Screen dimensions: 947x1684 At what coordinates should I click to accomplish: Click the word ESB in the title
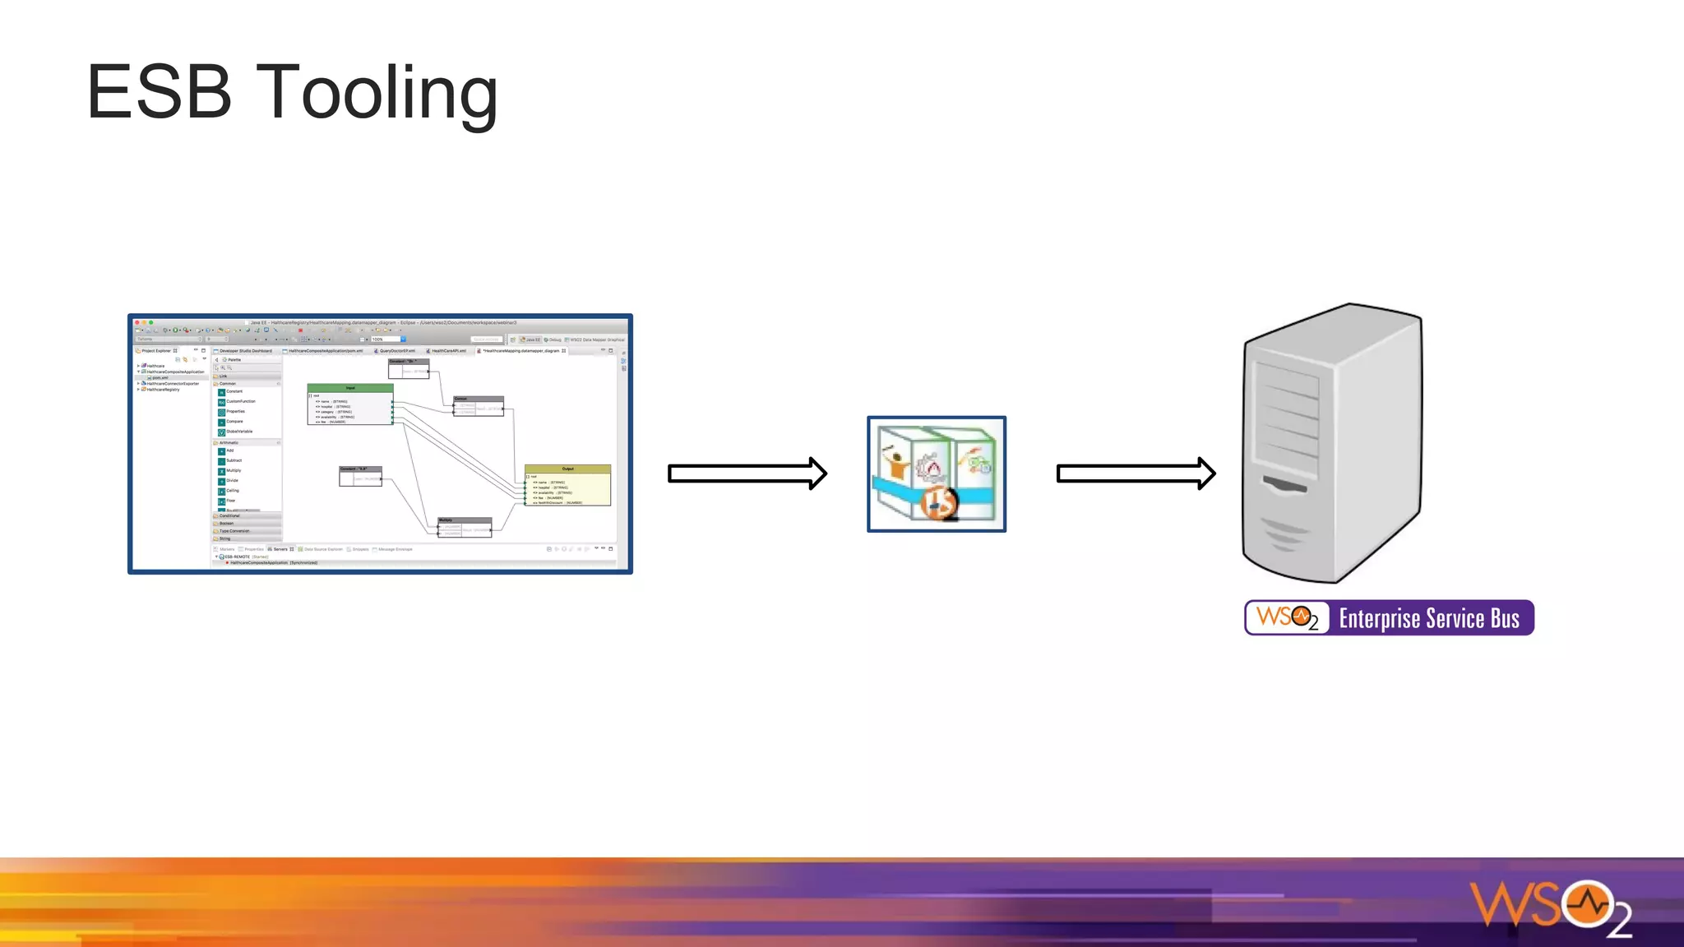160,92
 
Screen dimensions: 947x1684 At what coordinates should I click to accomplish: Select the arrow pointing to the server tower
1136,473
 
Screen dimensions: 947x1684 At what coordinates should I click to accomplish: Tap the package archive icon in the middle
937,474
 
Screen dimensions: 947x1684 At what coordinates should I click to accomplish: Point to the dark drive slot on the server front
1284,485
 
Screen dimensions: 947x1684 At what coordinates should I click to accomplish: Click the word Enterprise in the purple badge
1381,619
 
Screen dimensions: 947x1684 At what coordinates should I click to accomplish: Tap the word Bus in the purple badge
1505,619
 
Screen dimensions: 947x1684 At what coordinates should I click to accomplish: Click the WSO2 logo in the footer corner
1550,908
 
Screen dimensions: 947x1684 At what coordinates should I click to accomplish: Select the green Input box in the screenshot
350,404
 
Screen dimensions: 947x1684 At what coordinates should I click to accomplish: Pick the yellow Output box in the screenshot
567,485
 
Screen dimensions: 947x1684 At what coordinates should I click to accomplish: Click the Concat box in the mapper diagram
478,405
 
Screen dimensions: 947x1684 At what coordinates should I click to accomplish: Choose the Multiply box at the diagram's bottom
464,526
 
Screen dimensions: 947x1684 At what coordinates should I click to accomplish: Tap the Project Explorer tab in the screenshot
156,351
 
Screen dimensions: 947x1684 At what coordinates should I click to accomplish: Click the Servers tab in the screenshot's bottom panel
280,549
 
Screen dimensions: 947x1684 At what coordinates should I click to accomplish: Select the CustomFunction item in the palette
240,401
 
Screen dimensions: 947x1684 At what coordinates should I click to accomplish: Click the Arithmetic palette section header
229,442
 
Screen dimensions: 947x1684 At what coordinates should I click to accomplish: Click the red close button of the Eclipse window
137,322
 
